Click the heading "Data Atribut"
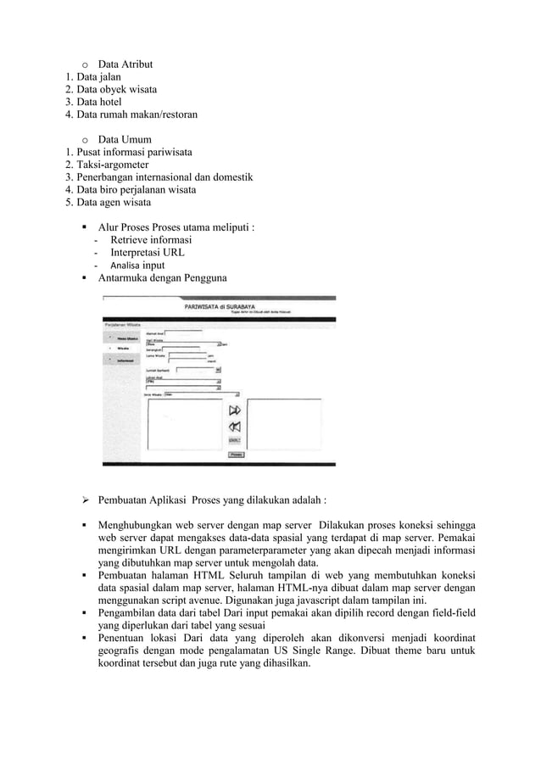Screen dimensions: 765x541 pyautogui.click(x=125, y=64)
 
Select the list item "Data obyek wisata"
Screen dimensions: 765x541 pyautogui.click(x=115, y=89)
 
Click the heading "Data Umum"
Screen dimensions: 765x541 pyautogui.click(x=125, y=139)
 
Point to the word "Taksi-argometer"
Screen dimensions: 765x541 pyautogui.click(x=113, y=165)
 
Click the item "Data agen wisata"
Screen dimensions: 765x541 pyautogui.click(x=114, y=203)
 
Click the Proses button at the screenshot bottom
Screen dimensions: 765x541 pyautogui.click(x=237, y=455)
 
